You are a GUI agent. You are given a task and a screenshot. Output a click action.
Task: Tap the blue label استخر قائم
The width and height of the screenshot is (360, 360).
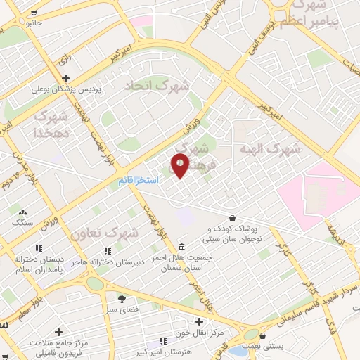[x=138, y=181]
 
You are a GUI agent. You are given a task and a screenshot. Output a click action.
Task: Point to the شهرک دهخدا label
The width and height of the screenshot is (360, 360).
[x=51, y=122]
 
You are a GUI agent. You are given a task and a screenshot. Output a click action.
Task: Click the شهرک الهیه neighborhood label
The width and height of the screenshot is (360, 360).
[x=269, y=149]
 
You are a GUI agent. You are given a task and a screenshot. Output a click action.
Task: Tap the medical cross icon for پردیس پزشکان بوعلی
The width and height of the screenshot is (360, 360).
[x=65, y=78]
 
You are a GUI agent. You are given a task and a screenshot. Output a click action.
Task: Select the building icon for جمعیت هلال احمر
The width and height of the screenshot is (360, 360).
[x=182, y=247]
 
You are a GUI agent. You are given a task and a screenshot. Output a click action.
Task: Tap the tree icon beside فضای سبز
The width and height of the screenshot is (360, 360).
[x=121, y=298]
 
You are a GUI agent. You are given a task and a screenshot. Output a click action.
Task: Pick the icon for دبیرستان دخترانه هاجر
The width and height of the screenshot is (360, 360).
[x=107, y=251]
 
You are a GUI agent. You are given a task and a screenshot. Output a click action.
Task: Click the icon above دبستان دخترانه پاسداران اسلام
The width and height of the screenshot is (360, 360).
[x=39, y=248]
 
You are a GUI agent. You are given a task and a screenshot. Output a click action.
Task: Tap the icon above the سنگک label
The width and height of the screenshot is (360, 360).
[x=22, y=212]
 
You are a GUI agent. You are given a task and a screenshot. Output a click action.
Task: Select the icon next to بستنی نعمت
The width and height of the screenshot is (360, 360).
[x=263, y=336]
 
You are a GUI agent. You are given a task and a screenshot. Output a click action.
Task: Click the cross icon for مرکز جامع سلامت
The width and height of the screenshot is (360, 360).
[x=58, y=331]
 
